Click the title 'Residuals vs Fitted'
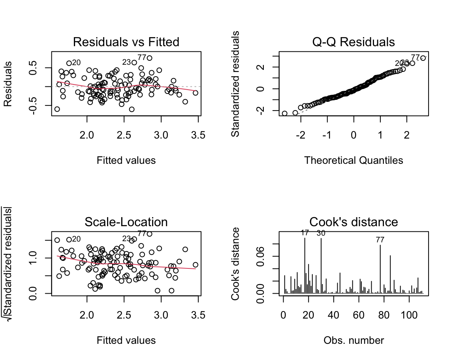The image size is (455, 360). (126, 42)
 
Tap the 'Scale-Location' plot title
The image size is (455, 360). (126, 222)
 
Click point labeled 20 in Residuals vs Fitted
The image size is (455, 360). (69, 63)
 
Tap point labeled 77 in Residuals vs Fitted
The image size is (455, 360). (149, 58)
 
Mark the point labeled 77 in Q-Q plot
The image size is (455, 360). (423, 58)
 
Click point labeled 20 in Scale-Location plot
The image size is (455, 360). (69, 240)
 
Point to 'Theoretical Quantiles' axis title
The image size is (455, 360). (353, 160)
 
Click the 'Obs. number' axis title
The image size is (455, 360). (353, 340)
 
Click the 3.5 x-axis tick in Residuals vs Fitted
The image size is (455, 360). (198, 136)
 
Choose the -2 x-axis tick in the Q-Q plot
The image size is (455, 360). (301, 136)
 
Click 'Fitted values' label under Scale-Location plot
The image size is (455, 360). (126, 340)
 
